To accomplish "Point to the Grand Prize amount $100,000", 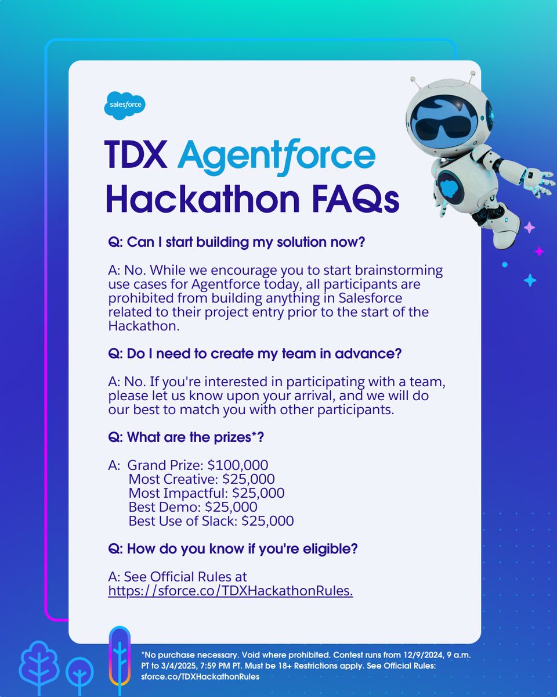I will pyautogui.click(x=238, y=465).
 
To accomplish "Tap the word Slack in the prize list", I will pyautogui.click(x=220, y=521).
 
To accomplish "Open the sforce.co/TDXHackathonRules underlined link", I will pyautogui.click(x=230, y=591).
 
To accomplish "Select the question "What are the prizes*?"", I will pyautogui.click(x=186, y=439).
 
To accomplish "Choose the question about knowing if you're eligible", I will pyautogui.click(x=233, y=548).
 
